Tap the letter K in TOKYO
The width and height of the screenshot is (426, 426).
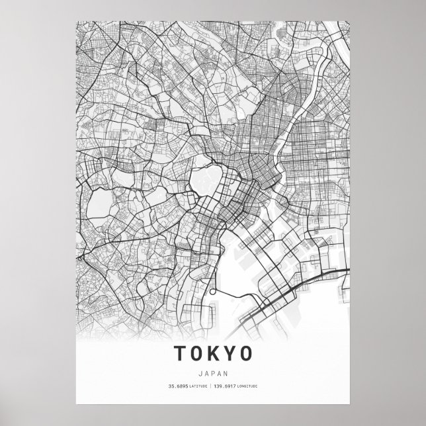point(211,353)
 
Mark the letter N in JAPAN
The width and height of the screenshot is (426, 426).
point(224,370)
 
